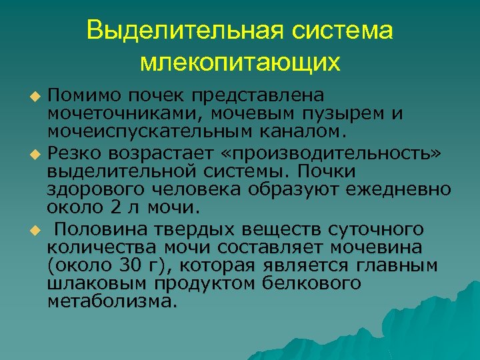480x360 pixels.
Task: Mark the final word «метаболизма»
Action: tap(113, 302)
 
